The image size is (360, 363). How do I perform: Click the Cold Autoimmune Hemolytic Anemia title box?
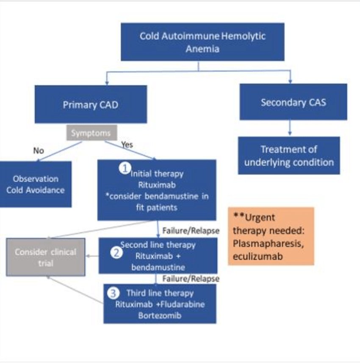point(202,42)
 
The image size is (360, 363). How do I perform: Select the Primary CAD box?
point(91,105)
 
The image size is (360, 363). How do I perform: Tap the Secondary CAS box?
point(293,102)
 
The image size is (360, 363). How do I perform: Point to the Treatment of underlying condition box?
point(289,155)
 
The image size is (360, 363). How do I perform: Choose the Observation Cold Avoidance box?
point(36,184)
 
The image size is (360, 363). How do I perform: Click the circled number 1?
point(125,168)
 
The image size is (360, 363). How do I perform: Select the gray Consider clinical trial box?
point(46,258)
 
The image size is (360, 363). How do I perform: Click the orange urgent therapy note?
point(271,236)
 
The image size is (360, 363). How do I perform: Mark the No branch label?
point(39,150)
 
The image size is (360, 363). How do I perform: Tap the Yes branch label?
point(127,145)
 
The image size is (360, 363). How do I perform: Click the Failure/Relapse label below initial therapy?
point(191,231)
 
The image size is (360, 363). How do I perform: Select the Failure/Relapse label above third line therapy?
point(191,279)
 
